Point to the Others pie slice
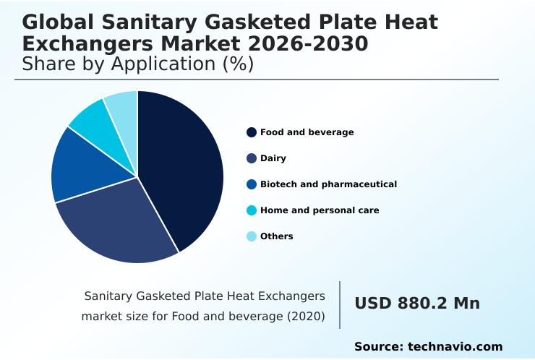[x=123, y=105]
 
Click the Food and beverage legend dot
[x=252, y=132]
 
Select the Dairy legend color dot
[x=252, y=158]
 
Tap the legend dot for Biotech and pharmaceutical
[x=252, y=184]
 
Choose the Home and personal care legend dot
[x=252, y=210]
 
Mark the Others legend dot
[x=252, y=236]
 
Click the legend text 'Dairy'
[x=273, y=158]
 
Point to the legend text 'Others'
[x=276, y=236]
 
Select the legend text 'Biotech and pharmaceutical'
[x=328, y=184]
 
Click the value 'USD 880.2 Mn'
[x=416, y=304]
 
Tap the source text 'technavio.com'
[x=455, y=347]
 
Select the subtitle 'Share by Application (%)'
[x=137, y=64]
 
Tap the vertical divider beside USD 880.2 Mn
[x=340, y=305]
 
